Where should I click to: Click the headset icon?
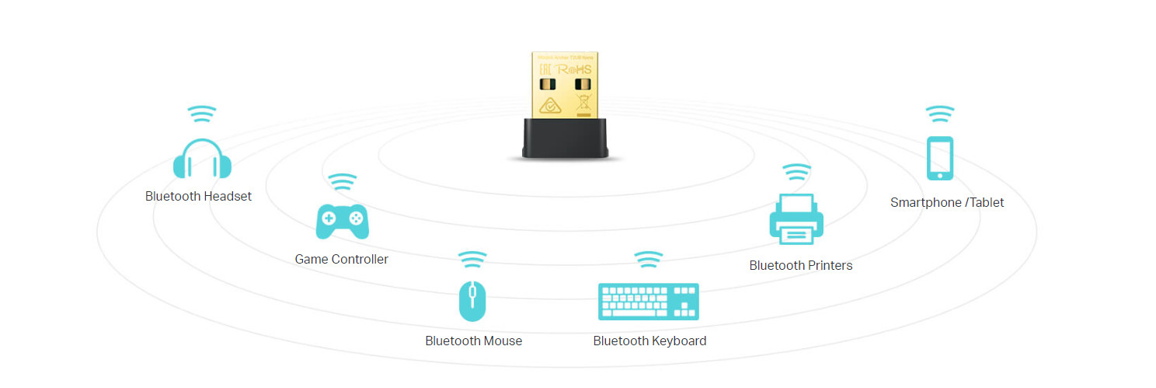tap(202, 159)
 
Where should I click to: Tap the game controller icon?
tap(342, 222)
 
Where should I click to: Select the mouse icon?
tap(472, 301)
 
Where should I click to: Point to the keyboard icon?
tap(649, 301)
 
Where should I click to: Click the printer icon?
tap(796, 218)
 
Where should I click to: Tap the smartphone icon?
tap(940, 158)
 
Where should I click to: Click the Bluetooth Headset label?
tap(198, 196)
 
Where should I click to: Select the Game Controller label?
tap(341, 259)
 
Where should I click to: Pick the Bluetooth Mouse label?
tap(473, 341)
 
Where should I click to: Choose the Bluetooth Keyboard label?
tap(649, 341)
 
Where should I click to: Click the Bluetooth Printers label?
tap(800, 265)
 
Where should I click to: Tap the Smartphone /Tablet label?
tap(947, 202)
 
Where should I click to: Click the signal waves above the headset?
tap(202, 114)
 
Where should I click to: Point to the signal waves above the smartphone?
tap(940, 114)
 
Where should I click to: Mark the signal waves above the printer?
tap(796, 172)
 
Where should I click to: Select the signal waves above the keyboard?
tap(649, 259)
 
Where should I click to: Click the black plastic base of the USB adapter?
tap(565, 138)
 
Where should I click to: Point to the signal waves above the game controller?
tap(342, 182)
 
